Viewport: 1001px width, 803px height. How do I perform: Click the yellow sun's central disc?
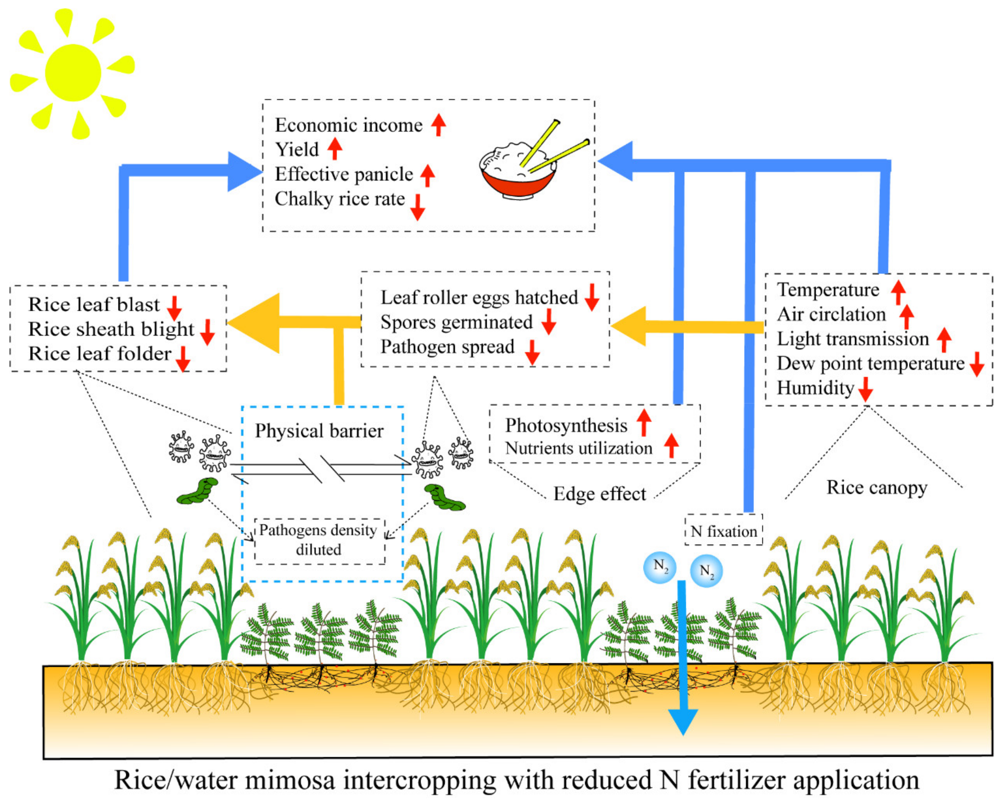pos(73,73)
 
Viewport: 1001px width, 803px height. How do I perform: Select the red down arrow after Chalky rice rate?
pos(417,207)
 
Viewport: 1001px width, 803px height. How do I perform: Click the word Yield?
pos(297,149)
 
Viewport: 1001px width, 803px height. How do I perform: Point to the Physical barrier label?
pos(319,431)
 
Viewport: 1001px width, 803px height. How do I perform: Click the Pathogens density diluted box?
pos(319,540)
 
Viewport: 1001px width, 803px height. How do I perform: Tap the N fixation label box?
pos(723,531)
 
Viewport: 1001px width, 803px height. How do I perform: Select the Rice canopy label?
pos(877,488)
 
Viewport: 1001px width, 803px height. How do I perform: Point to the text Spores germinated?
pos(456,322)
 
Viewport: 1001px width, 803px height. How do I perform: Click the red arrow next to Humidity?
pos(865,389)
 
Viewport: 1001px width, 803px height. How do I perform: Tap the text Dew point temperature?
pos(871,363)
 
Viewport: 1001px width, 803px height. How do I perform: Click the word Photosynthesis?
pos(566,425)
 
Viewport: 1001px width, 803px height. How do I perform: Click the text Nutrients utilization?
pos(578,448)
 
